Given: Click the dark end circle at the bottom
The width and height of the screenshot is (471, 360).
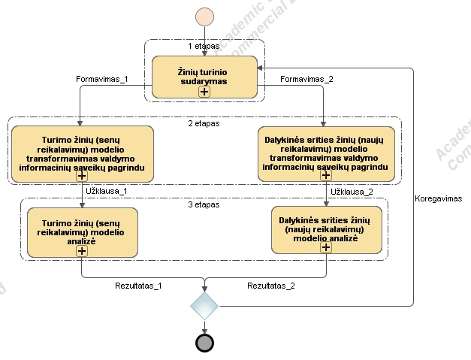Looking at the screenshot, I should click(204, 343).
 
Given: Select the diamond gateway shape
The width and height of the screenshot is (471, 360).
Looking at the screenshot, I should click(204, 305).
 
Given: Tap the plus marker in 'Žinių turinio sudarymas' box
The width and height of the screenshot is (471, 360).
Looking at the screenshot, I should click(204, 91).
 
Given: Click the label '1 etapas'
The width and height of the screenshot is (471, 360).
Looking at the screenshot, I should click(204, 46).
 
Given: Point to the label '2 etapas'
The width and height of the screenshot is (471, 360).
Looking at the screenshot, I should click(204, 123).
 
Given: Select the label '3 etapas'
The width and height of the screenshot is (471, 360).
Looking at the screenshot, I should click(204, 204).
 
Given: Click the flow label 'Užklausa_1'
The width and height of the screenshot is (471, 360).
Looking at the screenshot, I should click(107, 192).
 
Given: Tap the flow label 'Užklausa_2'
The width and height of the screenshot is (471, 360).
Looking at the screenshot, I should click(352, 192).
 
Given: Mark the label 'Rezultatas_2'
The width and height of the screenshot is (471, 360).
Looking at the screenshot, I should click(270, 286).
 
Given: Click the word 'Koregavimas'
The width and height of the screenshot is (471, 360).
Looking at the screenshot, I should click(438, 198).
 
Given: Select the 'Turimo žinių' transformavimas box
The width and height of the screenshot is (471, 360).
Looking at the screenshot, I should click(83, 153).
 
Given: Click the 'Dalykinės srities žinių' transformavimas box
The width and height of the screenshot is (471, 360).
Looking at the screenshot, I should click(327, 153).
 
